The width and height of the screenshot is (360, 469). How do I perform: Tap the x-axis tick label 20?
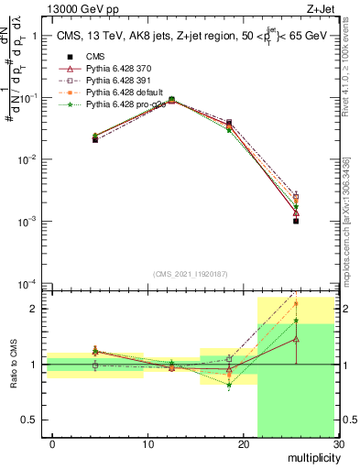coord(243,444)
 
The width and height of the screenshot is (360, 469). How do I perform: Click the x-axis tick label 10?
coord(147,444)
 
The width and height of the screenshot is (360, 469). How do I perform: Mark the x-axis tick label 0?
coord(52,444)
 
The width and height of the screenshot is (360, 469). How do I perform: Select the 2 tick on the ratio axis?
coord(35,309)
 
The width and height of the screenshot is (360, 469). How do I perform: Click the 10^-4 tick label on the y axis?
coord(27,283)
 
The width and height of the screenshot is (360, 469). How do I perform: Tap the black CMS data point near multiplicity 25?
coord(296,221)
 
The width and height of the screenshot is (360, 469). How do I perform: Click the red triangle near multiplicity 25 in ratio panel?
coord(296,339)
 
